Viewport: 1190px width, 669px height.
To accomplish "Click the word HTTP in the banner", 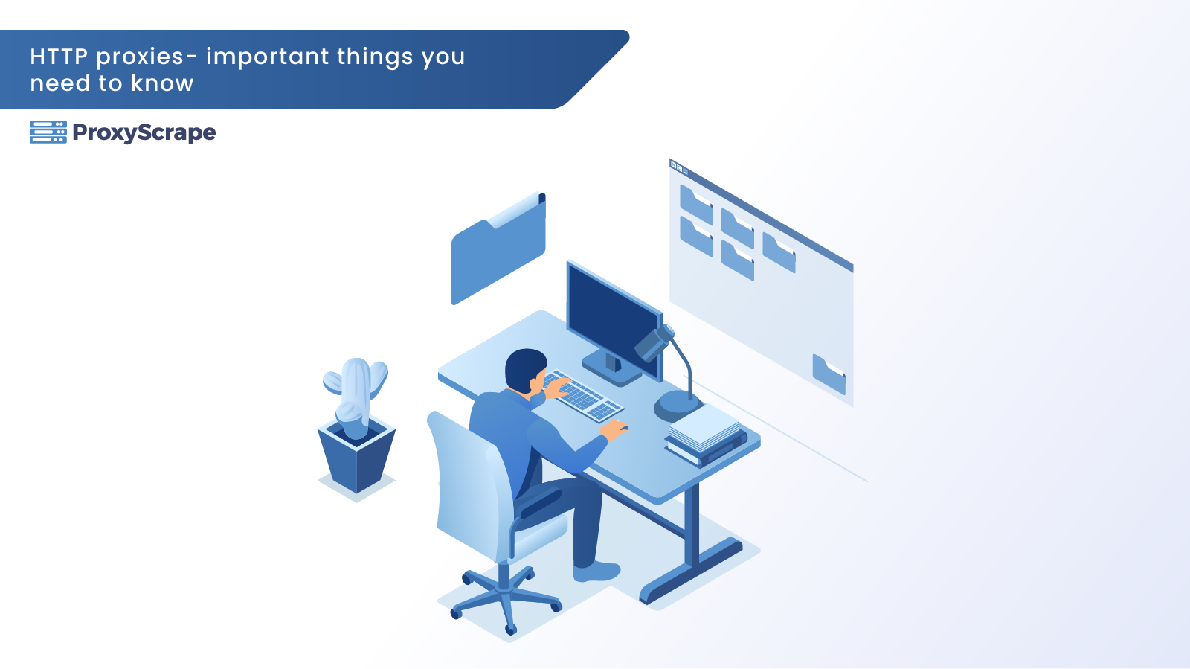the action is tap(59, 57).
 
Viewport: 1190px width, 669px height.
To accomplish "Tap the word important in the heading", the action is tap(268, 57).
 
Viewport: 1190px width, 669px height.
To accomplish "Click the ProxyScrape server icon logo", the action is tap(48, 132).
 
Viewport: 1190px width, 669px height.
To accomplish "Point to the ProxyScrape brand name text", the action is tap(144, 133).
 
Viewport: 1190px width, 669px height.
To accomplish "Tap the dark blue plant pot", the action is tap(356, 456).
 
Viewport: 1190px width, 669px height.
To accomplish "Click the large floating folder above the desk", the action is tap(498, 249).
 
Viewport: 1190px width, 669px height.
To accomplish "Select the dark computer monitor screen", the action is tap(613, 316).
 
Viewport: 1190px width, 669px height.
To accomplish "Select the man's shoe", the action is tap(596, 572).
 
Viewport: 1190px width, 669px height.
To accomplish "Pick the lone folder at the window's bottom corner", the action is tap(829, 374).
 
